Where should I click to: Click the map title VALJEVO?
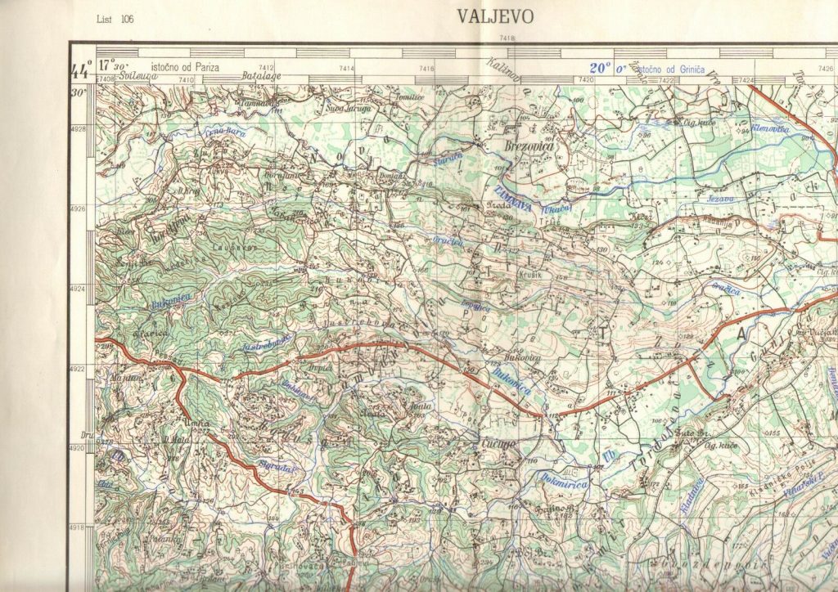[x=494, y=16]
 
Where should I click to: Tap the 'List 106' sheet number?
[x=115, y=18]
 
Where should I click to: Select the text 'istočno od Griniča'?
[x=665, y=69]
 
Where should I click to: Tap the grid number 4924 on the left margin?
[x=79, y=289]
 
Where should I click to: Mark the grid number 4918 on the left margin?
[x=79, y=527]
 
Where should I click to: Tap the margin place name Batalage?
[x=261, y=75]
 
